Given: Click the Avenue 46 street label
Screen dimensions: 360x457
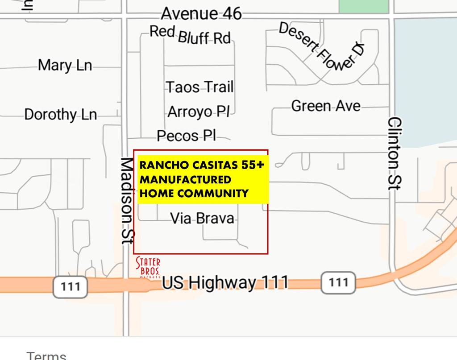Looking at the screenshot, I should [201, 13].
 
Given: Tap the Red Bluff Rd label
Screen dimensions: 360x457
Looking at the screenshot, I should [191, 35].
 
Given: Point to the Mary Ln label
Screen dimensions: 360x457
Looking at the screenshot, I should [65, 65].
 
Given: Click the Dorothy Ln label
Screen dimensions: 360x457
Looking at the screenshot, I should [60, 114].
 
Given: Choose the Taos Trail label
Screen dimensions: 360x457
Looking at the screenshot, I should [199, 87].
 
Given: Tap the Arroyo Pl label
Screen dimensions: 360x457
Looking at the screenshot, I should [199, 111].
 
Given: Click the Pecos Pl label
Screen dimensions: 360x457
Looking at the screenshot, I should [187, 135].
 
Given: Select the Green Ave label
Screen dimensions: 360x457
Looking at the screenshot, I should [325, 106].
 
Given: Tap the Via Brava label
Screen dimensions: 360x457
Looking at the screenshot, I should [202, 218].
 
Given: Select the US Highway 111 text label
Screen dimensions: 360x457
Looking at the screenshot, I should [224, 282].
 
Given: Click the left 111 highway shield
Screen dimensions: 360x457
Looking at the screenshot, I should [70, 286].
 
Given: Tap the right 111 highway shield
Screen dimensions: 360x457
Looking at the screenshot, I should [338, 282].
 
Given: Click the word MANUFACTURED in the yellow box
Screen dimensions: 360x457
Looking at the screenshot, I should [185, 179].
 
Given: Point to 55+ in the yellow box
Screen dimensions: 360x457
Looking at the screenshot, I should [253, 165].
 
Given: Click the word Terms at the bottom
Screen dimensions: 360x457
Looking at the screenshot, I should [46, 356].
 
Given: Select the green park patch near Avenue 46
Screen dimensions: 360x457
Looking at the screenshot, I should [363, 6].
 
